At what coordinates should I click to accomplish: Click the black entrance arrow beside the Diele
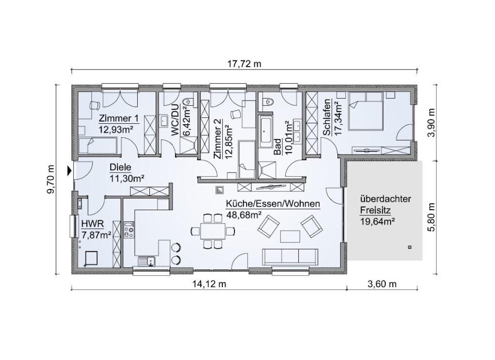click(69, 171)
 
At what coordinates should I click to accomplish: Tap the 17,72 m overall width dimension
click(244, 64)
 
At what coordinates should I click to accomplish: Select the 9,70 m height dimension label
click(50, 179)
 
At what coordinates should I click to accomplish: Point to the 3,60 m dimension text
click(382, 284)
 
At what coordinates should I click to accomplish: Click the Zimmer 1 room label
click(119, 119)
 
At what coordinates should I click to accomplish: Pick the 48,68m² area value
click(244, 215)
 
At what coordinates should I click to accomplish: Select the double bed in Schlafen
click(366, 111)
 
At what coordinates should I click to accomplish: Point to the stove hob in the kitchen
click(129, 230)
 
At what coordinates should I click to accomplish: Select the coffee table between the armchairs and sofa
click(290, 236)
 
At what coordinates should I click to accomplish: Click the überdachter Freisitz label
click(386, 204)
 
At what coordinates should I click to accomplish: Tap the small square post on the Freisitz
click(409, 247)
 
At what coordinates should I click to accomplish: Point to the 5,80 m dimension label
click(431, 217)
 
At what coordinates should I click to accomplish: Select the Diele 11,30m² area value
click(127, 179)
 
